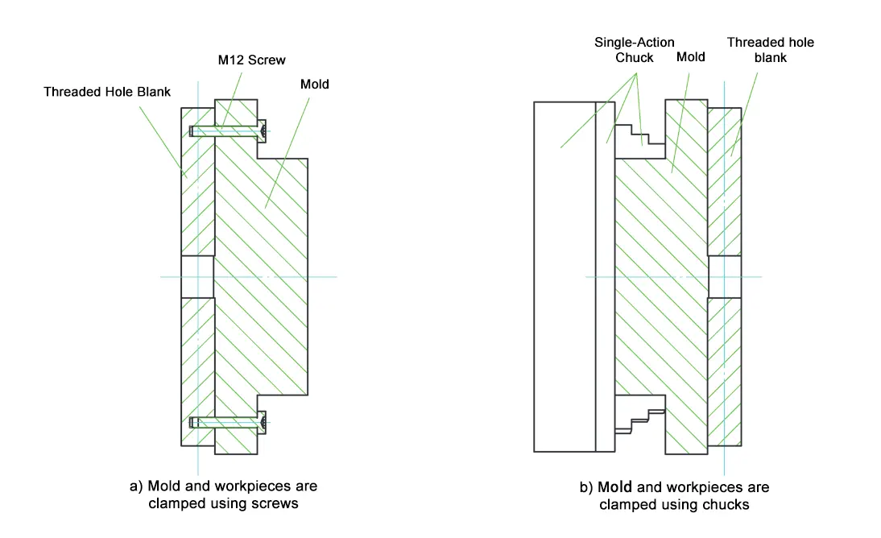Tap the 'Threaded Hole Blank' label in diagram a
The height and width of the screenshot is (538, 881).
[x=107, y=92]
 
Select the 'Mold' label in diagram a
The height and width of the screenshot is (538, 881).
[x=314, y=84]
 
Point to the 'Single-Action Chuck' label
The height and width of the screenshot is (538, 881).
[x=634, y=50]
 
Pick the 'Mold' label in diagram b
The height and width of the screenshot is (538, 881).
[x=690, y=57]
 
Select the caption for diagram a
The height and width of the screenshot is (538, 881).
[x=223, y=495]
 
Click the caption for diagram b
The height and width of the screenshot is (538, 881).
[x=674, y=496]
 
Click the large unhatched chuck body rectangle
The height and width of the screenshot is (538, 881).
[x=564, y=276]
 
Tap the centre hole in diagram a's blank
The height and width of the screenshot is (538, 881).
[x=197, y=277]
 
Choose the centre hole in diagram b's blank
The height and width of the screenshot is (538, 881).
[x=724, y=277]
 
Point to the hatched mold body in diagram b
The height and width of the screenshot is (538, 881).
[x=660, y=274]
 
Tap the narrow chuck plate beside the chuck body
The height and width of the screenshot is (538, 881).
[x=604, y=276]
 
